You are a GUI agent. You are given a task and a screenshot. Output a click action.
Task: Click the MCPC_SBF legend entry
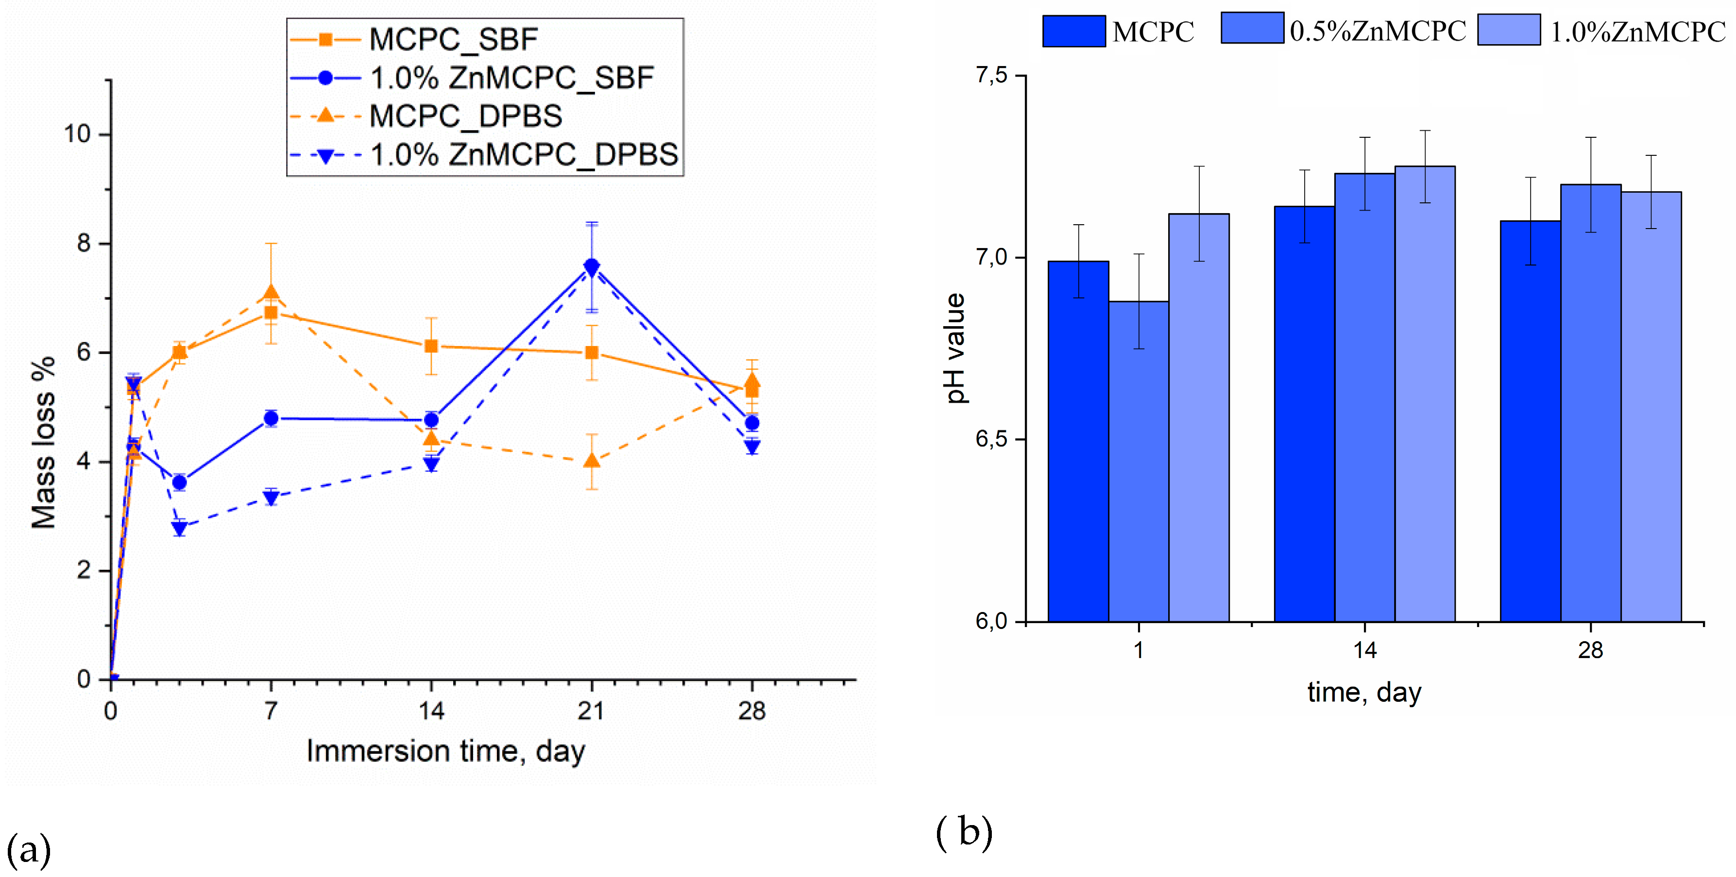453,39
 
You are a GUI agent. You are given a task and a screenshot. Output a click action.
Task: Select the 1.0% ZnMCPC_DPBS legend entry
523,155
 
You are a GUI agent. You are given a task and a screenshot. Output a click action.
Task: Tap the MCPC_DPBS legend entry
465,116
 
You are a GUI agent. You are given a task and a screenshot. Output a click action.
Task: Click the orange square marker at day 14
431,346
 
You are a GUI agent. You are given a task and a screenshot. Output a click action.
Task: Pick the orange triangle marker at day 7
271,292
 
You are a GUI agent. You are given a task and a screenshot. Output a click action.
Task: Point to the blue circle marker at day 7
271,418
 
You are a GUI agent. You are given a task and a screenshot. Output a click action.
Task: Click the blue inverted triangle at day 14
431,463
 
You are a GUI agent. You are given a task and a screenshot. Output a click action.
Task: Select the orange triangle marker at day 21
592,461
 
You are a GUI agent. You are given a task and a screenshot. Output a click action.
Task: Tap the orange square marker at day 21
592,353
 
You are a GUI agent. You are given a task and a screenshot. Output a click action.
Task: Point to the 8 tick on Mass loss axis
84,243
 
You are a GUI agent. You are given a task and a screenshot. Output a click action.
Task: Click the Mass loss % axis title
44,442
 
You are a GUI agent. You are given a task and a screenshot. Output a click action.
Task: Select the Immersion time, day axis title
445,751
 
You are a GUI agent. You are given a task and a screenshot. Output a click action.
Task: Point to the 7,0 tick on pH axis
991,257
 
